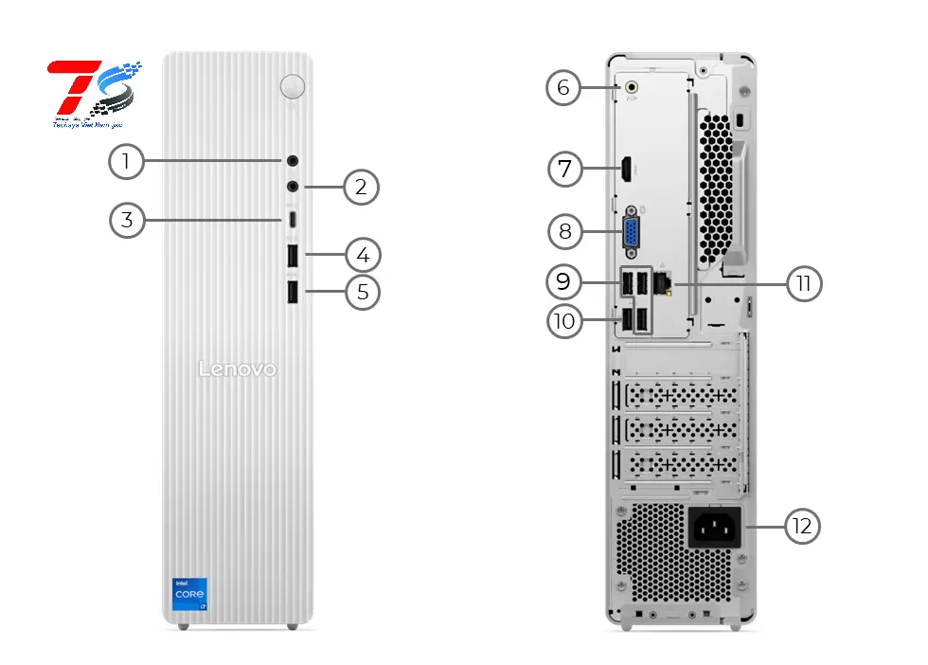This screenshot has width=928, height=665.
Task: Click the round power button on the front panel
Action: point(293,86)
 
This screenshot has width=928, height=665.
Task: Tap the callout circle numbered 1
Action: point(125,162)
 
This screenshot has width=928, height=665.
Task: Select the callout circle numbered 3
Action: point(125,221)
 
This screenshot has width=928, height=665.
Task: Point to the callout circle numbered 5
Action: point(362,292)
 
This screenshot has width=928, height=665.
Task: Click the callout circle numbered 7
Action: point(565,170)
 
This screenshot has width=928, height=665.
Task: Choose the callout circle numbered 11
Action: point(804,282)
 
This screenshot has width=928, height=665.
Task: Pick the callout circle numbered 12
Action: point(803,527)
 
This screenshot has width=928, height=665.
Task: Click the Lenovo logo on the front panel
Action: point(237,368)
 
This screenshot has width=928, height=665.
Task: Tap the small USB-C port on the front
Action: point(294,221)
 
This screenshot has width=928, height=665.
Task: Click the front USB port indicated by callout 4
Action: point(293,256)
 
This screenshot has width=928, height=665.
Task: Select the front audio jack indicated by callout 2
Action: point(294,187)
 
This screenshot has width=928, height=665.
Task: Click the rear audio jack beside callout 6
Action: point(632,88)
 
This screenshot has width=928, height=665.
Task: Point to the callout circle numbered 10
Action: point(564,321)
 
